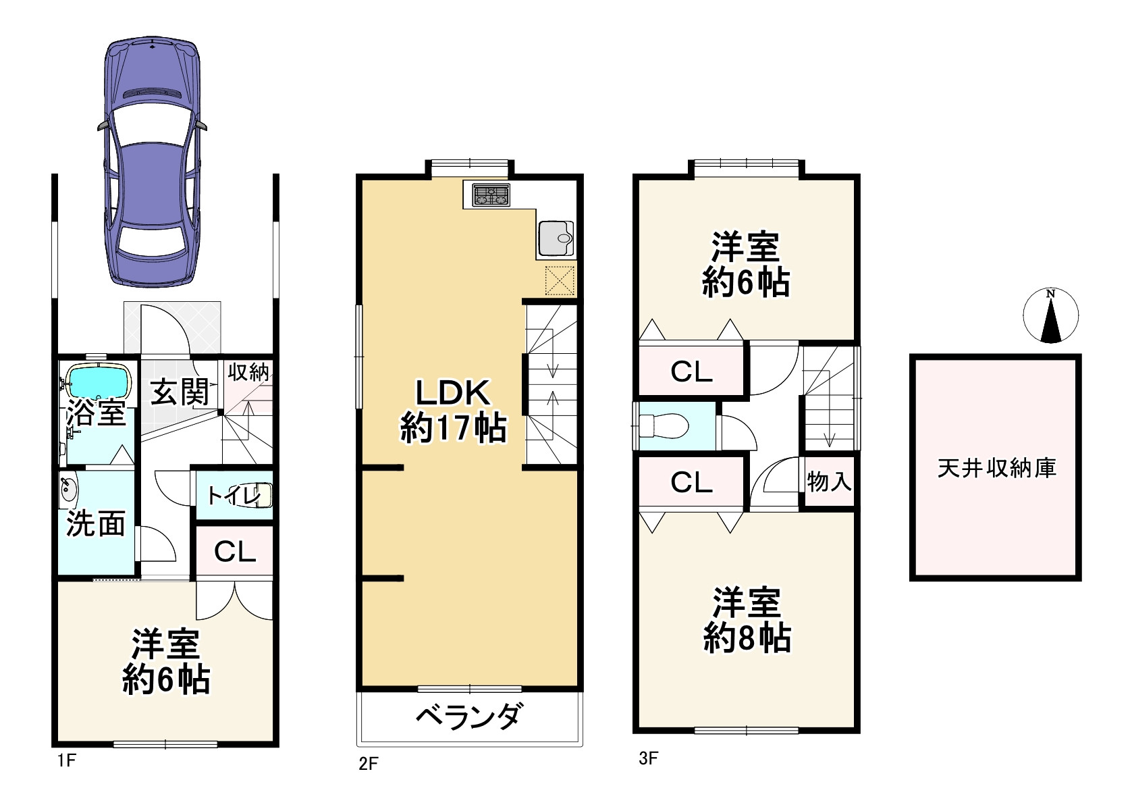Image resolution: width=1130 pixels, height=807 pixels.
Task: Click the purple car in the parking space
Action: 153,162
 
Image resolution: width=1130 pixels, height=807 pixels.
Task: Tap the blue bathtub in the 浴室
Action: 99,383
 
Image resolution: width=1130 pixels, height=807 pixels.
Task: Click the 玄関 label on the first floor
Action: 179,392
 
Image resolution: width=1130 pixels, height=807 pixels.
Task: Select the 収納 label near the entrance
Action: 248,372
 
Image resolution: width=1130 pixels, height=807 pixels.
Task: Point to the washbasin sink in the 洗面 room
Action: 68,490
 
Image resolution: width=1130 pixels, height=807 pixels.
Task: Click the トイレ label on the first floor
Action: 233,496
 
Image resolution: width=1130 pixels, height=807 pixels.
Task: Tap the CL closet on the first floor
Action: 235,552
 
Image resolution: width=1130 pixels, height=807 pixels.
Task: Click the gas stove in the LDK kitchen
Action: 491,195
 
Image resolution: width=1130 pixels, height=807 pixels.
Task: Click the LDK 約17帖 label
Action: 452,410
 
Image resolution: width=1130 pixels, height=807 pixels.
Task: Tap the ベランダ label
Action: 468,717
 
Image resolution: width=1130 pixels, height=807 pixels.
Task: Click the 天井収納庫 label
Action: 996,468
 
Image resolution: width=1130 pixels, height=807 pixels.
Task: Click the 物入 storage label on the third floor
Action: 829,481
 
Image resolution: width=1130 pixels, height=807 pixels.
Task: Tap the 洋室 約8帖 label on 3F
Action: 747,620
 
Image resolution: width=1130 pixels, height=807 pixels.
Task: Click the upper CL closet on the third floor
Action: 691,371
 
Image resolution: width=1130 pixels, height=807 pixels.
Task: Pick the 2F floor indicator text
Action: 369,764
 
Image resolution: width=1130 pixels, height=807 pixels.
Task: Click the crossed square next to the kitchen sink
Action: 559,280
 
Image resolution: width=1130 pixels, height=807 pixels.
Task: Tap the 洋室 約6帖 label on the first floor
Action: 166,662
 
